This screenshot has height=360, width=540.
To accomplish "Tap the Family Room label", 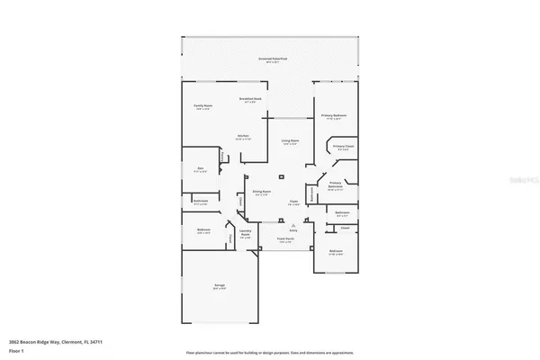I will pyautogui.click(x=204, y=106).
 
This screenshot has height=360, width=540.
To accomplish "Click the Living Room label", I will pyautogui.click(x=290, y=141).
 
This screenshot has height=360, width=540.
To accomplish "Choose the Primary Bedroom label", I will pyautogui.click(x=334, y=116).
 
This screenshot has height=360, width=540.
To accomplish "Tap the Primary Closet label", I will pyautogui.click(x=343, y=147).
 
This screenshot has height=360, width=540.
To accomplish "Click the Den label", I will pyautogui.click(x=201, y=168).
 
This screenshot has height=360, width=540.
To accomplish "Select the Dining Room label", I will pyautogui.click(x=262, y=193).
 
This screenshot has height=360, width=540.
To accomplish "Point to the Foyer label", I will pyautogui.click(x=293, y=202).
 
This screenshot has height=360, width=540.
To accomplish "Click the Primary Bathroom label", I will pyautogui.click(x=336, y=185).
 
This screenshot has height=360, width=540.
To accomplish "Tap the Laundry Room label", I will pyautogui.click(x=244, y=236).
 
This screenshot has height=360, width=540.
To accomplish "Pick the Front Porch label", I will pyautogui.click(x=284, y=240).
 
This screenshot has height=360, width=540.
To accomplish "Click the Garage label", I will pyautogui.click(x=219, y=285).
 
